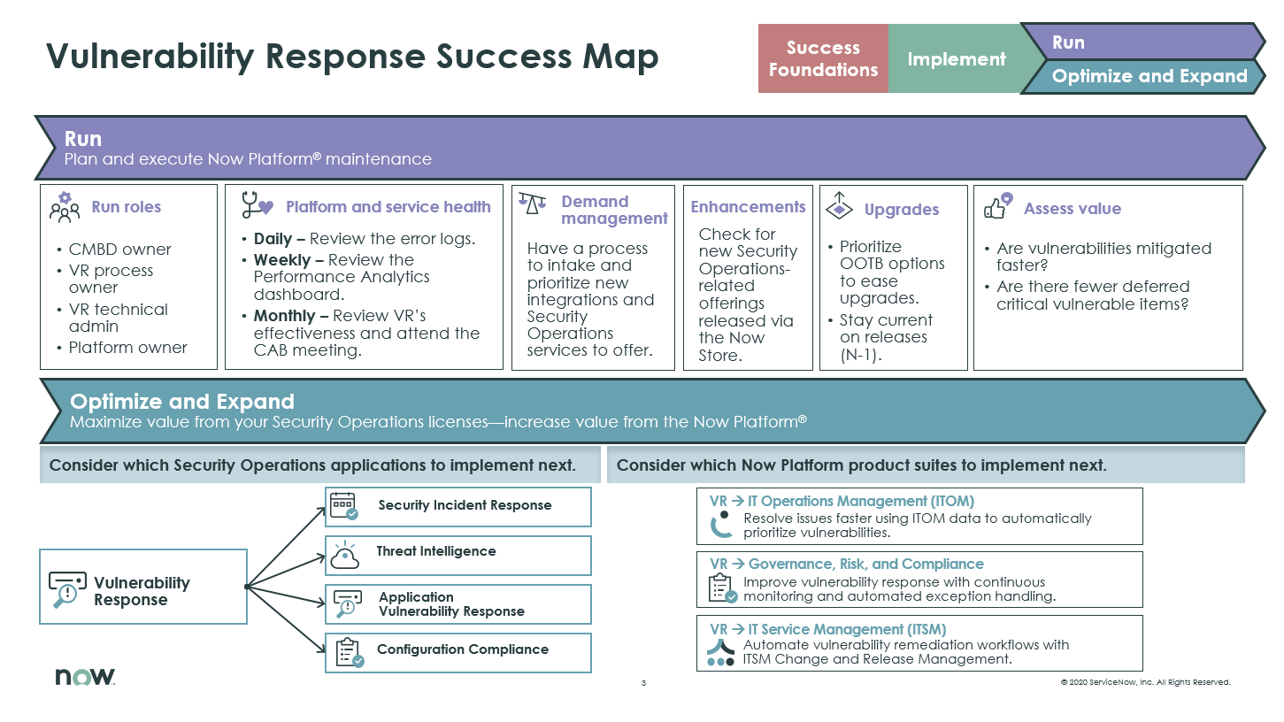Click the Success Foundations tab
(823, 59)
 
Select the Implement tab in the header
(956, 59)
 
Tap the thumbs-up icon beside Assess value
(998, 207)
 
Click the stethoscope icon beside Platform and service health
(257, 206)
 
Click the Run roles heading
(127, 207)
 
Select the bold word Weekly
(281, 260)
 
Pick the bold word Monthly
(285, 316)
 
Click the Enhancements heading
(748, 207)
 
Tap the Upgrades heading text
(901, 210)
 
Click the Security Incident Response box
(457, 506)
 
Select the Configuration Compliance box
(457, 653)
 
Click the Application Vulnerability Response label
(451, 604)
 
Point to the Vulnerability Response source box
(143, 587)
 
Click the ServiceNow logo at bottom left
(85, 677)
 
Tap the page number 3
(644, 683)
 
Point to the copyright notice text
(1145, 682)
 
